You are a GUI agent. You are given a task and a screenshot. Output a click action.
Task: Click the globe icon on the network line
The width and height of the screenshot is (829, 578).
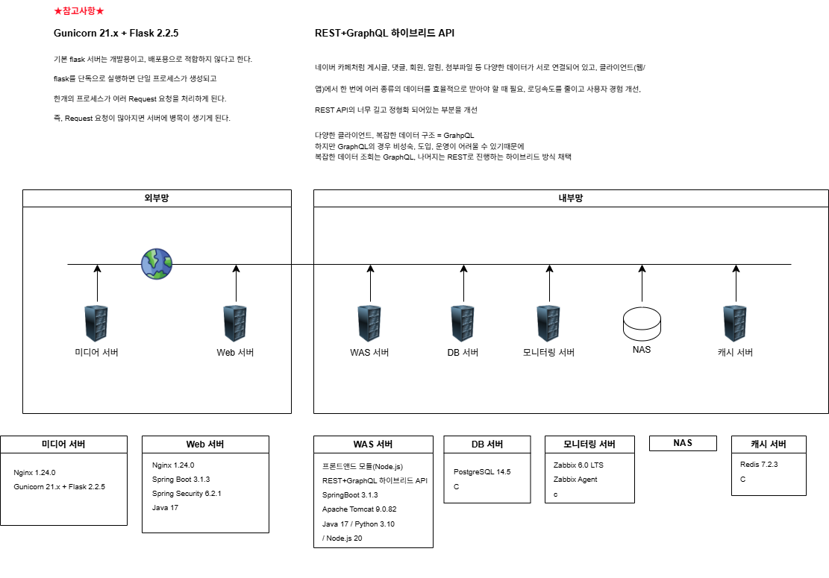tap(157, 264)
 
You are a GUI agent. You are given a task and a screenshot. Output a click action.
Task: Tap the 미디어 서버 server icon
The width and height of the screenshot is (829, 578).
tap(97, 323)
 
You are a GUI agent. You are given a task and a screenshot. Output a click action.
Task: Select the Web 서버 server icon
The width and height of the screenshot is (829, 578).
tap(236, 323)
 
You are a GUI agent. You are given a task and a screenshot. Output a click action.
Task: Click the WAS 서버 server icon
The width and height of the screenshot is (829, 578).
tap(370, 323)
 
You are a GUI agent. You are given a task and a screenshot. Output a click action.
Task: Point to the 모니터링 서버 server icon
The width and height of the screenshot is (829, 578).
tap(549, 323)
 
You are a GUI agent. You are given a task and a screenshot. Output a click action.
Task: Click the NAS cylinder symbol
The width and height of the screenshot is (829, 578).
tap(642, 320)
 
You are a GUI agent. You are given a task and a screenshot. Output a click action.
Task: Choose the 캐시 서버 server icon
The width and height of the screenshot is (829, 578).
tap(735, 323)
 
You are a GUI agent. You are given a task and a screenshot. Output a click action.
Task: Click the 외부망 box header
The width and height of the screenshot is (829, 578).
tap(157, 198)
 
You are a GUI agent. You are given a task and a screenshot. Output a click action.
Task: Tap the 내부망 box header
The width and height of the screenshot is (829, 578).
tap(571, 198)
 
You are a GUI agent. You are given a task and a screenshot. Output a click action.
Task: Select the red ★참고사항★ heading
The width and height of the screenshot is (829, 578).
tap(79, 11)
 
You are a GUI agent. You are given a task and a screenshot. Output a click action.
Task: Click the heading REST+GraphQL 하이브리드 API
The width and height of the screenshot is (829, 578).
tap(385, 34)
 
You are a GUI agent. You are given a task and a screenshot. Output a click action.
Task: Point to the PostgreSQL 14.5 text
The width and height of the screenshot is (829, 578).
tap(482, 471)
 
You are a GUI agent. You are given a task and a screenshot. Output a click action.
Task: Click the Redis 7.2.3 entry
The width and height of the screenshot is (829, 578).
tap(759, 464)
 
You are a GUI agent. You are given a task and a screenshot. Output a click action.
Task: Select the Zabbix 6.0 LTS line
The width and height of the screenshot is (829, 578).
tap(578, 465)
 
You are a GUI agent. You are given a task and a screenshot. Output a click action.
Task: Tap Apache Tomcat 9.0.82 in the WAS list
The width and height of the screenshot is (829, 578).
tap(359, 509)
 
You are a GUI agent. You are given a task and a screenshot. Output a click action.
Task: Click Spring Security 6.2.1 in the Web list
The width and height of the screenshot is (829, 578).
tap(187, 493)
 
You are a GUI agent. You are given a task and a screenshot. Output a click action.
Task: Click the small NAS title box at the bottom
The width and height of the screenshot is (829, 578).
tap(683, 443)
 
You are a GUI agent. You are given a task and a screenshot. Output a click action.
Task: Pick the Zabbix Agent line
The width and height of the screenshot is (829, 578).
tap(575, 480)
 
